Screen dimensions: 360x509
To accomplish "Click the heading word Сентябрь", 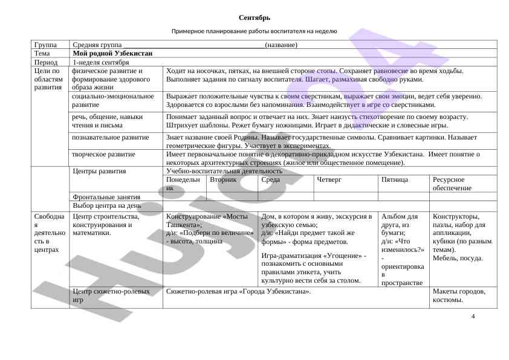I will tap(254, 18).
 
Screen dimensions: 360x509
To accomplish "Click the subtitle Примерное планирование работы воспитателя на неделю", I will tap(254, 31).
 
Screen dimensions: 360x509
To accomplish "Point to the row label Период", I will tap(46, 62).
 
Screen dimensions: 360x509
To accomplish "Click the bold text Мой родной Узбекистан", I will tap(112, 54).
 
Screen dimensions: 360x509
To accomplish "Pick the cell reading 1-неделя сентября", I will tap(100, 62).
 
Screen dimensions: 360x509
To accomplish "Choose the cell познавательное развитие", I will tap(110, 138).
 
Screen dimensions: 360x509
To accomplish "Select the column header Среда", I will tap(270, 180).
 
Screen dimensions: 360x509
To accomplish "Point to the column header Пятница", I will tap(395, 180).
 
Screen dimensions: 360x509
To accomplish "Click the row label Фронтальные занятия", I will tap(106, 197).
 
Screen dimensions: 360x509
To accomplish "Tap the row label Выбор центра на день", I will tap(107, 205).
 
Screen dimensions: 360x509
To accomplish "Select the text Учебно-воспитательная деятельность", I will tap(224, 172).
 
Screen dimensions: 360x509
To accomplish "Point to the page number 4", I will tap(473, 317).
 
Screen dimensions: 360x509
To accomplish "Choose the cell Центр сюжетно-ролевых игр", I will tap(111, 295).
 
